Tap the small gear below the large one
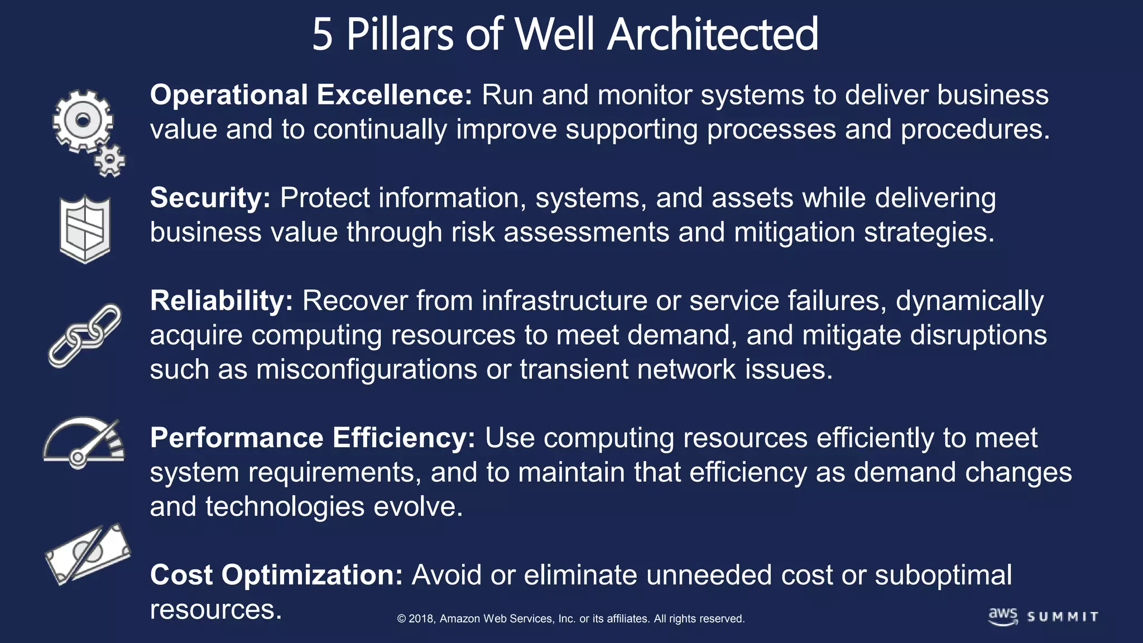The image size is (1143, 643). [110, 161]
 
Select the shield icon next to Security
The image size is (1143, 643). [85, 229]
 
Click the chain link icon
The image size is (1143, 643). [84, 335]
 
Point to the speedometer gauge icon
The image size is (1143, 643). [84, 442]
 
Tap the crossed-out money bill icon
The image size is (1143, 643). [87, 554]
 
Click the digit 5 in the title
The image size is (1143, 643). [323, 35]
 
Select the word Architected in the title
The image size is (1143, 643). [713, 35]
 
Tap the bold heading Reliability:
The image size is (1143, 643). [221, 301]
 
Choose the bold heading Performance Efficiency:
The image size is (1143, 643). [313, 438]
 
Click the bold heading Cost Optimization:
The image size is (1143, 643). [276, 575]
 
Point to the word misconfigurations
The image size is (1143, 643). [366, 370]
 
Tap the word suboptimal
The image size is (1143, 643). [943, 575]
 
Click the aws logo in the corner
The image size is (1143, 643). [1003, 616]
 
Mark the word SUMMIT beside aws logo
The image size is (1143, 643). [1063, 617]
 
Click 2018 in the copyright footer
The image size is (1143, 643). [421, 618]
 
